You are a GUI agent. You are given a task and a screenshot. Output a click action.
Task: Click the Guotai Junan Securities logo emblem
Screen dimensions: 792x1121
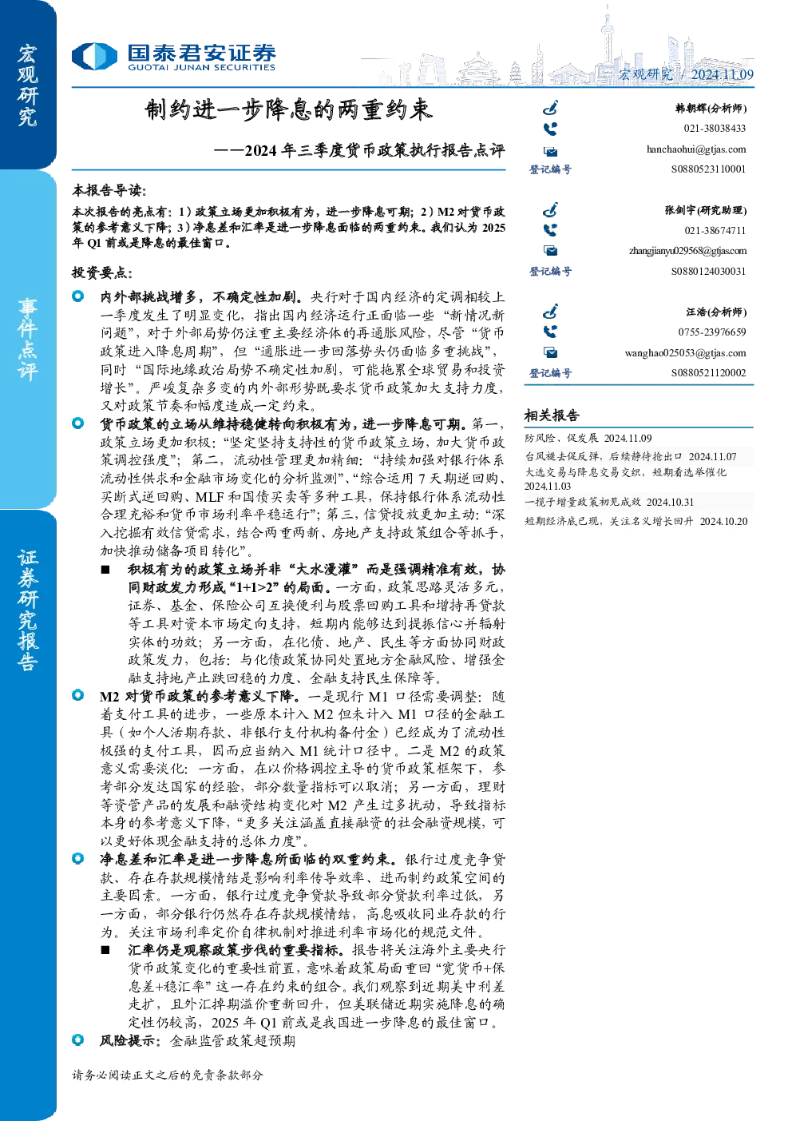94,56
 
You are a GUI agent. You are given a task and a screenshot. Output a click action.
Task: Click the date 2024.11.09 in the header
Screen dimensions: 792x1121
722,74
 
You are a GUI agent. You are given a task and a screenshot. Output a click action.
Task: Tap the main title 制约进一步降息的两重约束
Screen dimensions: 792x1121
288,109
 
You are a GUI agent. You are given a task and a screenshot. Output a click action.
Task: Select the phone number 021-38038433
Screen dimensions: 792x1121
715,129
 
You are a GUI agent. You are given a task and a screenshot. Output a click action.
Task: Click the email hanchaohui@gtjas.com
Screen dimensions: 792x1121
696,149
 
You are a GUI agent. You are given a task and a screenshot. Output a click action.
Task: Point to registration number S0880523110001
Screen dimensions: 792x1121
708,169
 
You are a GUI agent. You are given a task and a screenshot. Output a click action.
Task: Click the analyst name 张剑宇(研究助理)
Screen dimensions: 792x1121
706,210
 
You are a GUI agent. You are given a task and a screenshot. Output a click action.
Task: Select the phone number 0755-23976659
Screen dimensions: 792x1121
712,332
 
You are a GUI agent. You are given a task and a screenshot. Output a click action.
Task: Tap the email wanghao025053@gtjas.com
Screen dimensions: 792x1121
685,353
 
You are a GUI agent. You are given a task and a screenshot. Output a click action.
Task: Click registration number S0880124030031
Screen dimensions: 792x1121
708,271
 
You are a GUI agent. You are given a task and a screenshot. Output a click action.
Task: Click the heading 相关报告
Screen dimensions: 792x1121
552,415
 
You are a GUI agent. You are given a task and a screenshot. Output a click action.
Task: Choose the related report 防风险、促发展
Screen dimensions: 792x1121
561,438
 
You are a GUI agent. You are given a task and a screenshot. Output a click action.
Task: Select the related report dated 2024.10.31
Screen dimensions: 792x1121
609,502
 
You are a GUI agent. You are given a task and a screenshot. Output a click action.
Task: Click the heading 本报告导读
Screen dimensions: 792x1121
109,190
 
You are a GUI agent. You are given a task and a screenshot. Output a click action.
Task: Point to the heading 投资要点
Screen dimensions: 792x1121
102,272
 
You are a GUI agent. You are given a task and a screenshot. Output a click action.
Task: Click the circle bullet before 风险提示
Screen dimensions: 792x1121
78,1040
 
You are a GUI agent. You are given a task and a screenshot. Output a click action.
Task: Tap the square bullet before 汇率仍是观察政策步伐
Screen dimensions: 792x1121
105,950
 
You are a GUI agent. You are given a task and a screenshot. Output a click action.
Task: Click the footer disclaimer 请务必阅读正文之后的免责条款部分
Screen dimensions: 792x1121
167,1075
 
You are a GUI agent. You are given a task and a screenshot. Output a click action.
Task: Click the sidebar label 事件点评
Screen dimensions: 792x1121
28,340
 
